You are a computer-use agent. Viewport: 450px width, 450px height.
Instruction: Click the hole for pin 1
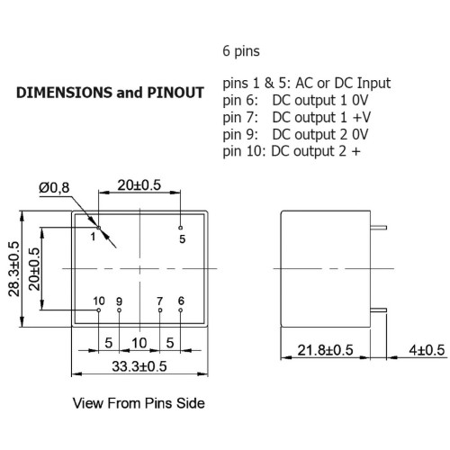pos(98,228)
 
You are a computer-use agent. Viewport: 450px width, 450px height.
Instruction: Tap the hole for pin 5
pos(180,228)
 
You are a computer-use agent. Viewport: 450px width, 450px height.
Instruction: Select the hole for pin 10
pos(98,310)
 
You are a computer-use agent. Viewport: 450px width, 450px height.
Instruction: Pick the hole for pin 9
pos(119,310)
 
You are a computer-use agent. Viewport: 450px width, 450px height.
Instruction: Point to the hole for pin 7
pos(160,310)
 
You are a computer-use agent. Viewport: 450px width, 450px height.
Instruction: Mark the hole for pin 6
pos(180,310)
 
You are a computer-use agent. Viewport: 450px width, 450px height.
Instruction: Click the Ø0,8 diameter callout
pos(54,188)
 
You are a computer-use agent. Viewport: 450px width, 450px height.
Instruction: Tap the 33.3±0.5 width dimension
pos(139,366)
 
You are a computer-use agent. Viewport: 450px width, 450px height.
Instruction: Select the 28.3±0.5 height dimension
pos(13,269)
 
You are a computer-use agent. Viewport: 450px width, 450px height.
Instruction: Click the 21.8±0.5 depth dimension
pos(325,350)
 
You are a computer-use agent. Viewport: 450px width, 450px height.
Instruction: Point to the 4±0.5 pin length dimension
pos(427,350)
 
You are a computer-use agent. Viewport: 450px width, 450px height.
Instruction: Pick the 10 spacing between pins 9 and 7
pos(139,343)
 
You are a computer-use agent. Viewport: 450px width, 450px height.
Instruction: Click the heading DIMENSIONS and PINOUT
pos(110,93)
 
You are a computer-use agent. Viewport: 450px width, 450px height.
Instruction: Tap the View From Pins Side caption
pos(139,403)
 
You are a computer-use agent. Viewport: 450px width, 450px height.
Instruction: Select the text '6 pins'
pos(241,51)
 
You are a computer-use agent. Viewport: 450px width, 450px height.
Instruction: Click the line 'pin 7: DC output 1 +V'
pos(297,117)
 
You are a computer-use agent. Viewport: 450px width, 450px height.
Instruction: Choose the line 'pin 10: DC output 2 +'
pos(292,151)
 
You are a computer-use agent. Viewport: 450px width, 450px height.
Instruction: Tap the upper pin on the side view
pos(379,228)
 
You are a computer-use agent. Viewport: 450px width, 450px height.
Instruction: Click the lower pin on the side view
pos(379,310)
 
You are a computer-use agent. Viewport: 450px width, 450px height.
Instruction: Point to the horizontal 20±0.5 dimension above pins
pos(139,185)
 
